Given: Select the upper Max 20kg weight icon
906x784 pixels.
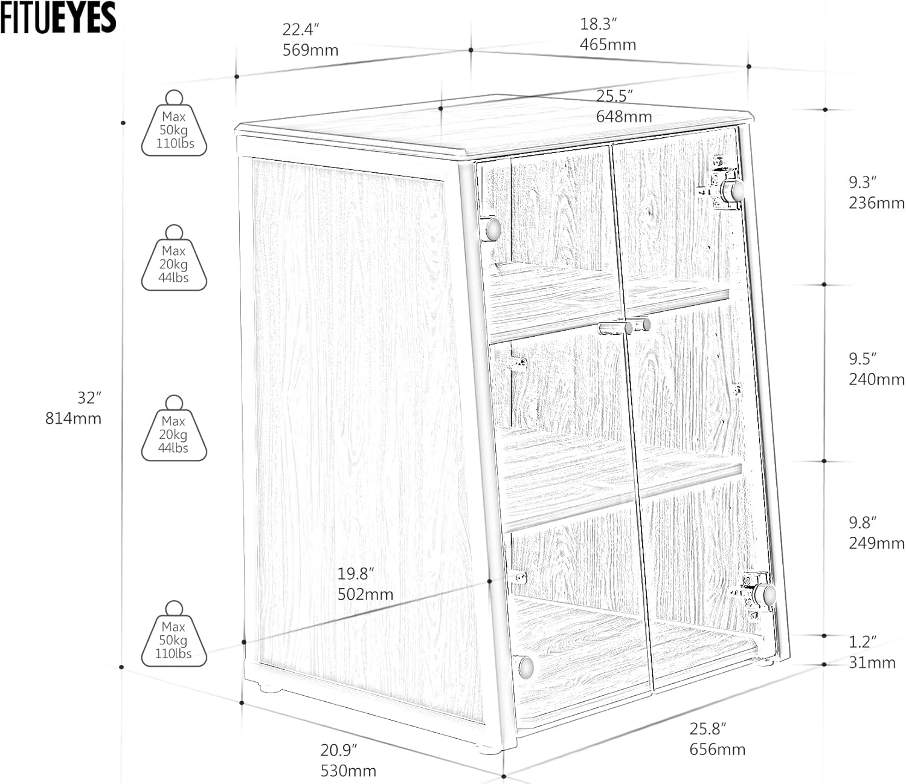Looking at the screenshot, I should click(174, 258).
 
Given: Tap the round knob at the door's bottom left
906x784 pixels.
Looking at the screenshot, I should click(525, 667).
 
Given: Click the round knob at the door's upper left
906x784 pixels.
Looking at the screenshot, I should click(493, 228).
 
